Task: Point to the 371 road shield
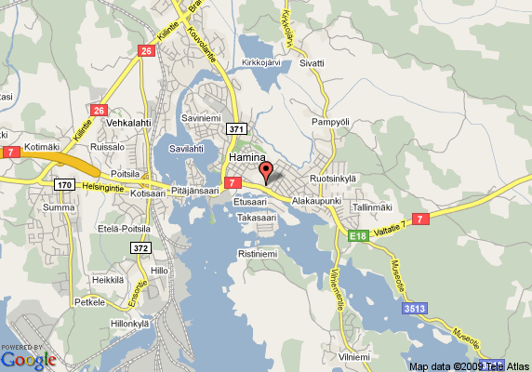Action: click(x=236, y=129)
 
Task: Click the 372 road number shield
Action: click(x=140, y=248)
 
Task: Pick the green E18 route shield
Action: click(x=359, y=237)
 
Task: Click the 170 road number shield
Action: click(x=64, y=185)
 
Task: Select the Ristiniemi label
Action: click(x=259, y=253)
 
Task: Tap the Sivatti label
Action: click(x=312, y=63)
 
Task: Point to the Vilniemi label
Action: click(x=353, y=357)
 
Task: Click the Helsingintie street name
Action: click(x=103, y=185)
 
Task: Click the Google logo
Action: click(x=28, y=358)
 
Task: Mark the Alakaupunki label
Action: click(x=317, y=201)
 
